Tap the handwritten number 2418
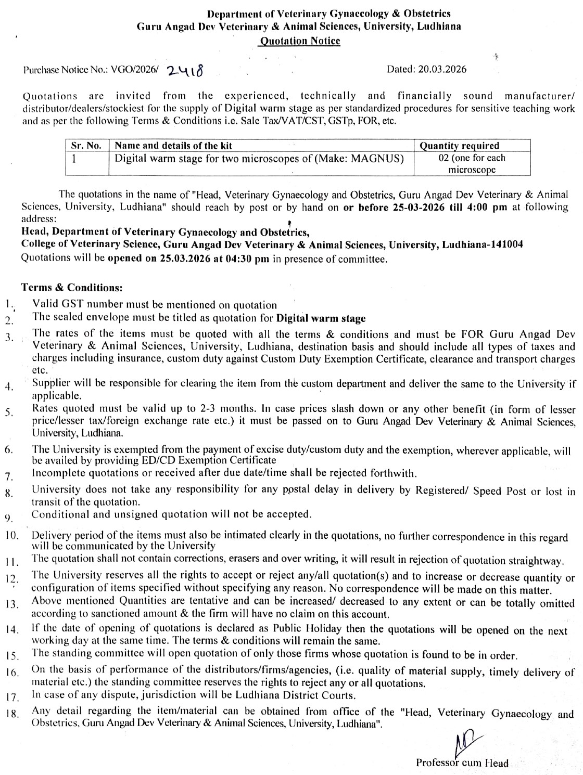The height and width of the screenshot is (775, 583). [x=184, y=71]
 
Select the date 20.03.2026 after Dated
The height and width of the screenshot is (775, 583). [x=441, y=69]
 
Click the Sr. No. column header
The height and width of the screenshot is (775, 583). [x=86, y=146]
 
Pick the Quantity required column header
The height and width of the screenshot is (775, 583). [x=459, y=146]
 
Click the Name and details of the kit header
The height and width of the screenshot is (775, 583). [x=173, y=146]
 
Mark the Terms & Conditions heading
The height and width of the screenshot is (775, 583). [x=72, y=288]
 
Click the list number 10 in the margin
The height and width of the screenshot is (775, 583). [x=12, y=536]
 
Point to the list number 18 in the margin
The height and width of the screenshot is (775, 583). [x=12, y=714]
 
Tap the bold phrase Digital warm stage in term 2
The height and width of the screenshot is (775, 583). [x=321, y=318]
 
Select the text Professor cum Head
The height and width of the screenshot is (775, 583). [x=462, y=763]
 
